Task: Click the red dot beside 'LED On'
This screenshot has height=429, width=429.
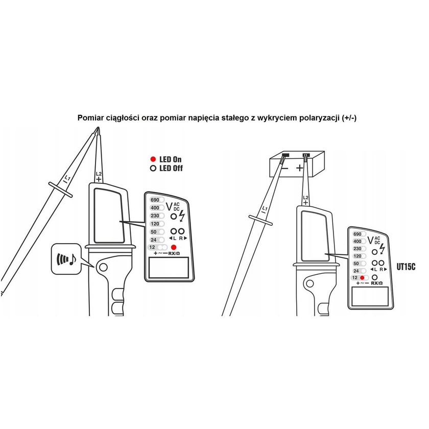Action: (x=153, y=159)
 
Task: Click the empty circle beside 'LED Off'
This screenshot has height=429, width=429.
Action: (x=153, y=168)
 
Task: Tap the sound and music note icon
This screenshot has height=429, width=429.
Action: (x=66, y=259)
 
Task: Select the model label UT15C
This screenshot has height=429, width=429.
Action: (x=406, y=267)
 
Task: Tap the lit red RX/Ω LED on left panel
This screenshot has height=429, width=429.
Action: (x=174, y=247)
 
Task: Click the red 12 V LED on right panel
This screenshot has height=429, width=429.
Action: (x=362, y=278)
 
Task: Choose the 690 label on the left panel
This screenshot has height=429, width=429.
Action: (x=155, y=200)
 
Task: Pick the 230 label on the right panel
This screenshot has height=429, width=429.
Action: (x=357, y=249)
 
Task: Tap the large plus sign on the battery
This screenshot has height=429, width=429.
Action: (x=300, y=167)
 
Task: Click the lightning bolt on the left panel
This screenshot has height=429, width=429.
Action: (x=182, y=216)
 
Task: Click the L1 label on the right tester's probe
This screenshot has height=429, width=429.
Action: (x=265, y=209)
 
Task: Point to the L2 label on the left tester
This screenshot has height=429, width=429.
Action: (x=99, y=174)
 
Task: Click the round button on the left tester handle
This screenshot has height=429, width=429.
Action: (x=103, y=267)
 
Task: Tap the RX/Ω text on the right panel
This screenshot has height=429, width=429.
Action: (x=377, y=283)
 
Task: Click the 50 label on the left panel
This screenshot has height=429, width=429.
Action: (x=154, y=232)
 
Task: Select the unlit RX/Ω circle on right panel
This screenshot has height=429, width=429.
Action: (x=374, y=277)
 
